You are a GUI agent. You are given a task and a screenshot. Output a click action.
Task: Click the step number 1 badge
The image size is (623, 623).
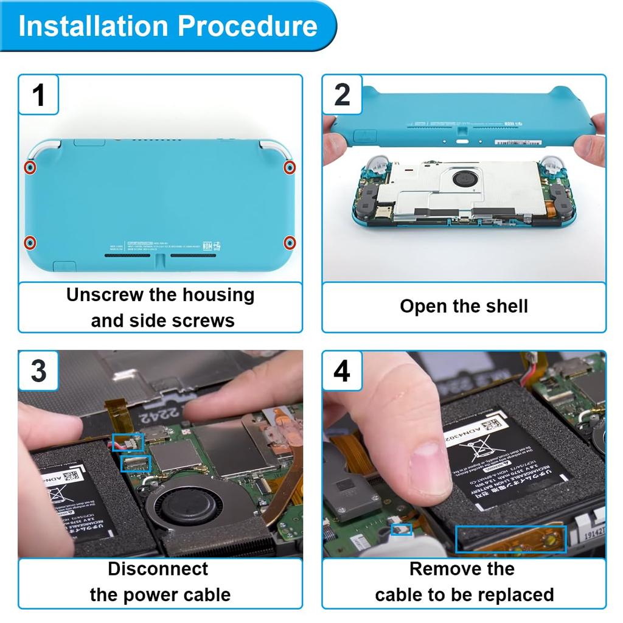(38, 95)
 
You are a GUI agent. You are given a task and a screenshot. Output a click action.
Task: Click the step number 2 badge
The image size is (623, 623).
(342, 95)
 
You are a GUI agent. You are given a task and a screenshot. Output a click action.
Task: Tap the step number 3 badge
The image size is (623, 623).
(38, 371)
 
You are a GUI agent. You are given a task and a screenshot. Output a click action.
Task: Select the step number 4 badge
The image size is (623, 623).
(342, 371)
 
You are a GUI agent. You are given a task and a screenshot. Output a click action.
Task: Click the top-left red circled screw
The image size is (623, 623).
(30, 168)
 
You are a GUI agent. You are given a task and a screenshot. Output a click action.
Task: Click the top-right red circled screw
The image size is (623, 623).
(290, 167)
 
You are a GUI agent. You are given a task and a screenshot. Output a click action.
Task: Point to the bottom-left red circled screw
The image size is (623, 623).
(30, 243)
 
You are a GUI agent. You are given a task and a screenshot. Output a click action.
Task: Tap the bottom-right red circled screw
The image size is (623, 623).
(290, 243)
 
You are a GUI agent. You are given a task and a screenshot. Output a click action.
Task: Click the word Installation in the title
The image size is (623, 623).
(93, 27)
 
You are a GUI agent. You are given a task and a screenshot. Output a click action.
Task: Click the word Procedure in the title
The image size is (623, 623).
(248, 27)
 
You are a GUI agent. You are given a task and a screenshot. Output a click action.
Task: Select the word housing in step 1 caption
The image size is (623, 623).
(217, 295)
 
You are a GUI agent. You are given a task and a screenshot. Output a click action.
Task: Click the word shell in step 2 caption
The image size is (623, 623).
(504, 306)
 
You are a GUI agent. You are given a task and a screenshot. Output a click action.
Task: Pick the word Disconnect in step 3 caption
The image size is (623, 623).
(158, 569)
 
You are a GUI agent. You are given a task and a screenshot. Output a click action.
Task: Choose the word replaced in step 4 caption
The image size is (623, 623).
(517, 594)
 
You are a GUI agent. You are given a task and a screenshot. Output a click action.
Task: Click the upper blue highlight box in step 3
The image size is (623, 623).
(128, 443)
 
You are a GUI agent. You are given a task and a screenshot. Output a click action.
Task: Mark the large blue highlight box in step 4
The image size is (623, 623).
(511, 539)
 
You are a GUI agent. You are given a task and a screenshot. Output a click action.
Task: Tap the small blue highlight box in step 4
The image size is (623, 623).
(402, 530)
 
